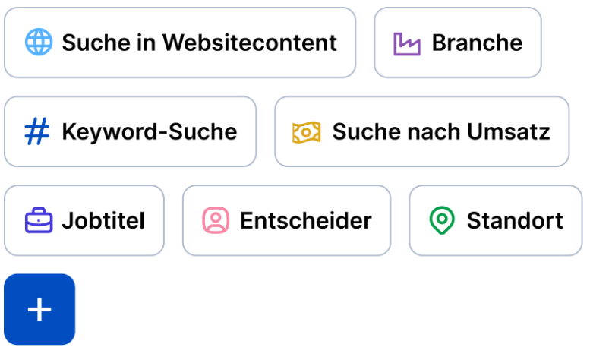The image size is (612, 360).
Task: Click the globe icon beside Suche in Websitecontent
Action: coord(38,43)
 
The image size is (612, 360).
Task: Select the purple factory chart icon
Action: coord(407,43)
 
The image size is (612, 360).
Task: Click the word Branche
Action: coord(477,43)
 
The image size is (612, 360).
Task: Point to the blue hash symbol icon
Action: coord(37,131)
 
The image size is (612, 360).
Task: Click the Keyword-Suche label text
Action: coord(149,131)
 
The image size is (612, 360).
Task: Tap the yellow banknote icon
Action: coord(306,132)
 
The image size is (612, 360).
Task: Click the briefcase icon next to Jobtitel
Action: coord(39,221)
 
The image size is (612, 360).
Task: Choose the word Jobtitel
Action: coord(103,221)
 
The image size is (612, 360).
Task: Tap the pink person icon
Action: coord(216,221)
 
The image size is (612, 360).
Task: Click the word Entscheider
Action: coord(305,221)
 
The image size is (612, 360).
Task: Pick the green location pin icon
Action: coord(442,221)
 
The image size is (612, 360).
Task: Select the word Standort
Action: coord(515,221)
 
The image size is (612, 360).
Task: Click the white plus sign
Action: coord(39,309)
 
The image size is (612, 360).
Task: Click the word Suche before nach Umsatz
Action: coord(363,131)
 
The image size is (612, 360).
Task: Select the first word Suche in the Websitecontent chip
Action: coord(93,43)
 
